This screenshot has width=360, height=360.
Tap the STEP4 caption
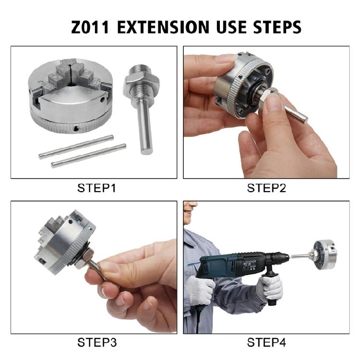[266, 343]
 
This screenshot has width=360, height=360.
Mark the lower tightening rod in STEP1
[89, 156]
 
